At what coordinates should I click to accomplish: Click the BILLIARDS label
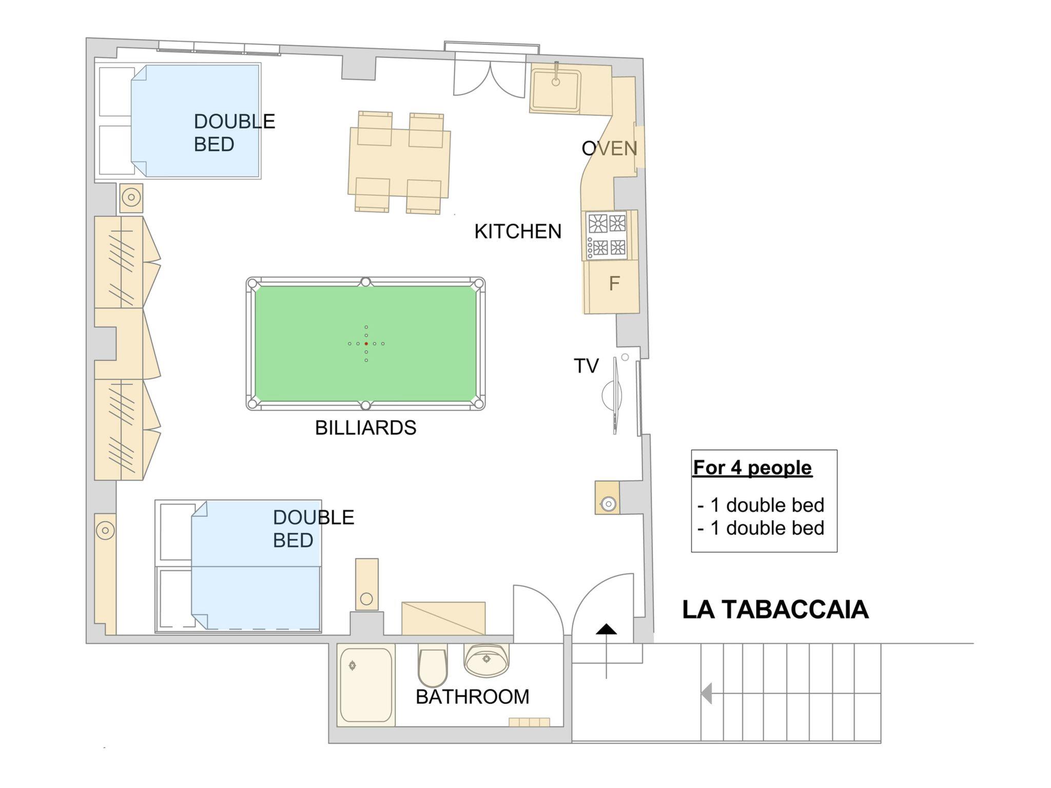pyautogui.click(x=365, y=427)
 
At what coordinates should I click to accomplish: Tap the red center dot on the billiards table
pyautogui.click(x=366, y=343)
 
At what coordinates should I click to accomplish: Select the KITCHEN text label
pyautogui.click(x=518, y=231)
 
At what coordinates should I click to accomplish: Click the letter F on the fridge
pyautogui.click(x=614, y=283)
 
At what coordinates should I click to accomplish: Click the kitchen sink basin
pyautogui.click(x=556, y=90)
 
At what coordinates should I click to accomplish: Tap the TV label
pyautogui.click(x=586, y=366)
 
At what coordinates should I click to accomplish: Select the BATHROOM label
pyautogui.click(x=472, y=697)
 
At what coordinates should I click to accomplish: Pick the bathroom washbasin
pyautogui.click(x=486, y=660)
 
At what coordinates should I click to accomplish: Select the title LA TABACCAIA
pyautogui.click(x=775, y=609)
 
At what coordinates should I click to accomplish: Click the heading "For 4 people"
pyautogui.click(x=752, y=467)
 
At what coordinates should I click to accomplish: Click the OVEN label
pyautogui.click(x=609, y=148)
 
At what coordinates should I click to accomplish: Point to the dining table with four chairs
pyautogui.click(x=399, y=162)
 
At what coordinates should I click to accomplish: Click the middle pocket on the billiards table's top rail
pyautogui.click(x=365, y=282)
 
